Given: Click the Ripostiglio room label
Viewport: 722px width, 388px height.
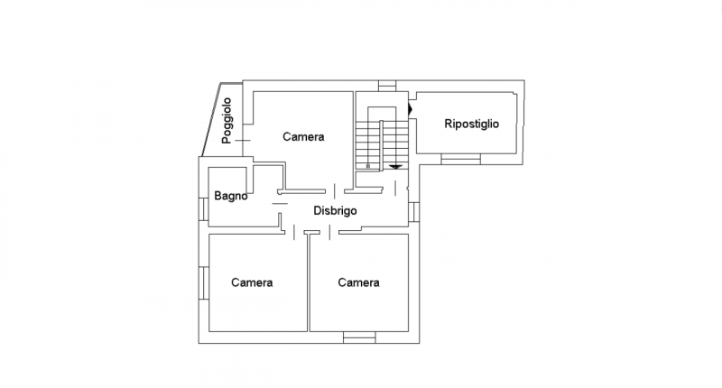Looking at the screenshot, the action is [471, 124].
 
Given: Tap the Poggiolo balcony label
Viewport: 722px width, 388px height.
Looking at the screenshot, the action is [227, 121].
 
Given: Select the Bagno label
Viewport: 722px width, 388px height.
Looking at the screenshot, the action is [231, 196].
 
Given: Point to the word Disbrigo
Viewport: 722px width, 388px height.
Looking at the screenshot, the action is [335, 211].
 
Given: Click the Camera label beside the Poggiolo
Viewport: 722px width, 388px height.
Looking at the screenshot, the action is [303, 136].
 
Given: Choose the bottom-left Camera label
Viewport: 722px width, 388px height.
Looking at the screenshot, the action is [252, 282].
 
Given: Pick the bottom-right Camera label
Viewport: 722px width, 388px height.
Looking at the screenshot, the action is [358, 282].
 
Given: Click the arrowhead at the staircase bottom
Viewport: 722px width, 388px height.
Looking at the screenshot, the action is [395, 167].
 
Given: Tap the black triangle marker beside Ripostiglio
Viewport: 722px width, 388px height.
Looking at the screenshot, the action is [411, 109].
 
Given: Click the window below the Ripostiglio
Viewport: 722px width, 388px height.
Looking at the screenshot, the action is [461, 159].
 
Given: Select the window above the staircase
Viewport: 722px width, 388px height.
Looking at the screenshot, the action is [387, 86].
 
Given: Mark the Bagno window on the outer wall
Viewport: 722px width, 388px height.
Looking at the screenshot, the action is [204, 209].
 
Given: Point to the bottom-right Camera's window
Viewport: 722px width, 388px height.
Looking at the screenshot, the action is [359, 337].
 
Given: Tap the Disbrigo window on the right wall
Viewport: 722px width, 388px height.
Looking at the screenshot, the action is [414, 212].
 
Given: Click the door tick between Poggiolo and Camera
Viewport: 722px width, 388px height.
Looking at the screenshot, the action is [243, 141].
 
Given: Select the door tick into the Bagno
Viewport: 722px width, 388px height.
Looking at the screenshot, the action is [280, 203].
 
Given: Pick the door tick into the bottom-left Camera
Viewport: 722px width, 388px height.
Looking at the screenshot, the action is [294, 233].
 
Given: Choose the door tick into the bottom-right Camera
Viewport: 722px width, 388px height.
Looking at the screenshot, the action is [329, 233].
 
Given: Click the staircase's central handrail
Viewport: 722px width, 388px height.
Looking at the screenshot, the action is [381, 145].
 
